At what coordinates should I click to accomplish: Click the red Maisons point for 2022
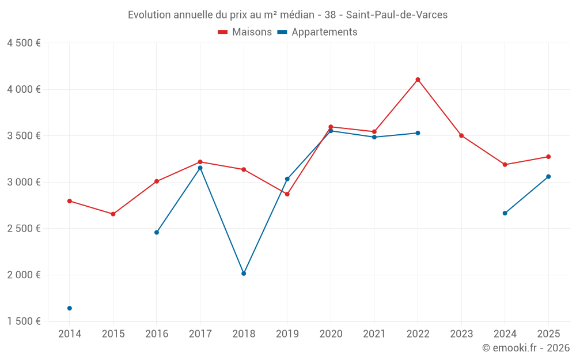(418, 79)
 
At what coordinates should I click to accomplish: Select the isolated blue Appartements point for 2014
(70, 308)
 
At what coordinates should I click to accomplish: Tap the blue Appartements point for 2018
(244, 274)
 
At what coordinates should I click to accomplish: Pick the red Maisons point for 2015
(113, 214)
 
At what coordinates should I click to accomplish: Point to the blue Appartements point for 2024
(505, 213)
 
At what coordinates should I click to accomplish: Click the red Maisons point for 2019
(287, 194)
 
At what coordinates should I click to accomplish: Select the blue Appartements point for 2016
(157, 232)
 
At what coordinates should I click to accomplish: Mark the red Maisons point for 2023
(461, 135)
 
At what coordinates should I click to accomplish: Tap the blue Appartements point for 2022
(418, 133)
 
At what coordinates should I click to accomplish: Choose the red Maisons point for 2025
(548, 157)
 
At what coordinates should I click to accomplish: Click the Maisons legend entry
(245, 32)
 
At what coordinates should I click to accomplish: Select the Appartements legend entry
(318, 32)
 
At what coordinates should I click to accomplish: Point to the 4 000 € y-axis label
(24, 89)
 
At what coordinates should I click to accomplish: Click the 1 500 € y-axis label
(24, 321)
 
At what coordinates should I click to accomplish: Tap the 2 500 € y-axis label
(24, 228)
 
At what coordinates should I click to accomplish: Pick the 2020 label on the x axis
(331, 334)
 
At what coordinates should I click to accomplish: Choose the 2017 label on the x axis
(200, 334)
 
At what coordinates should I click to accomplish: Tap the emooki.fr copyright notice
(525, 348)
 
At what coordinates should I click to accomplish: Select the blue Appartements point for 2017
(200, 168)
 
